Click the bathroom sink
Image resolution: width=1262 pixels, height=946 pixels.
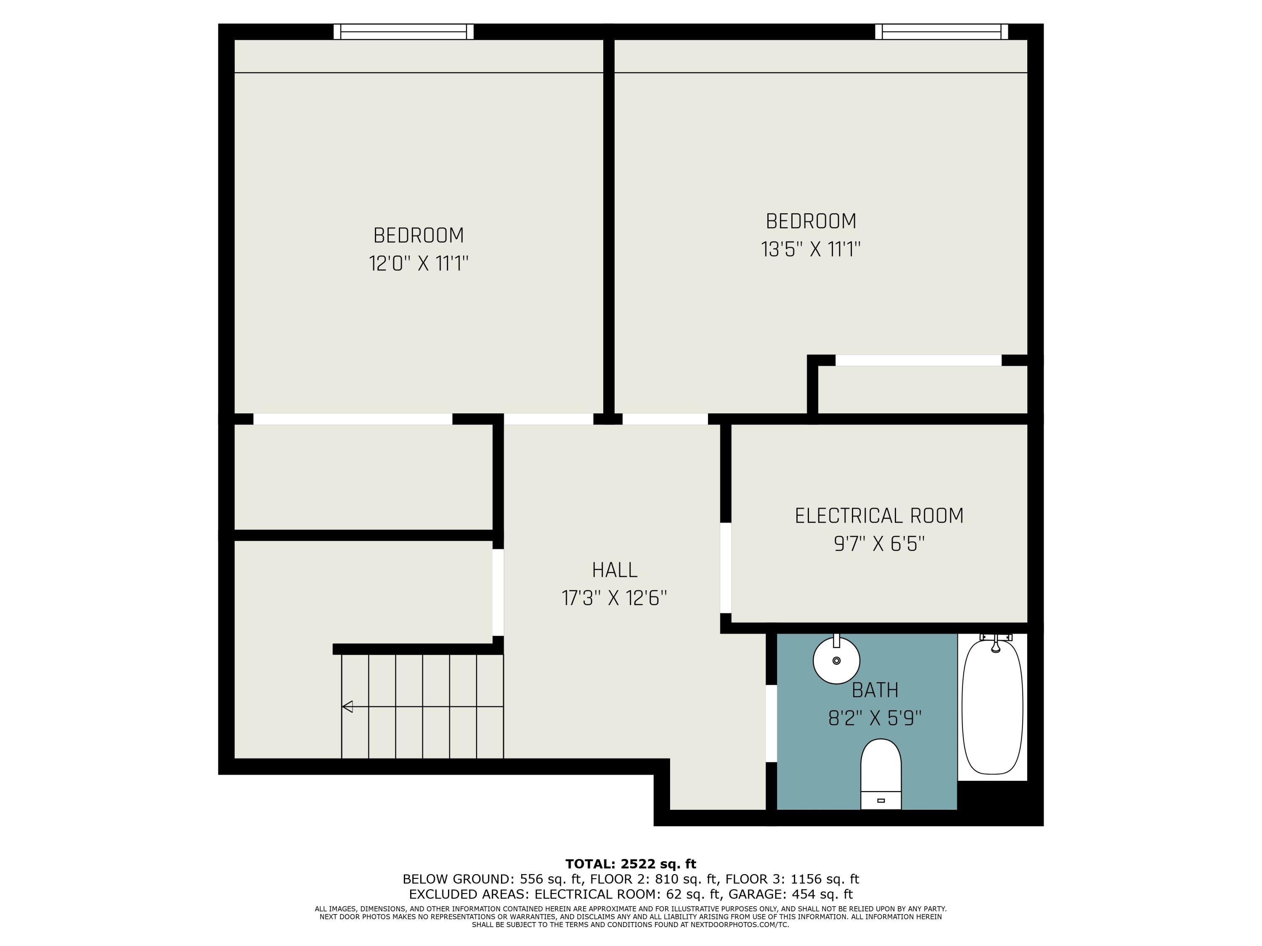tap(836, 661)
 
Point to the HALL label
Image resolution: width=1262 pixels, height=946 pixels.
tap(615, 570)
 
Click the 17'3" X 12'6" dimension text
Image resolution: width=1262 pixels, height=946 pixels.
tap(615, 598)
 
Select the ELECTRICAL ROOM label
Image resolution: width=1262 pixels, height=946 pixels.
tap(879, 515)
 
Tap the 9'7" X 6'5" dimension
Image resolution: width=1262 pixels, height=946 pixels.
tap(879, 544)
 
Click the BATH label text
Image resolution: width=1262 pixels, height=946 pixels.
tap(875, 690)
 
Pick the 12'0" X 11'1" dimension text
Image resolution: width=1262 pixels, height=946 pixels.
tap(418, 264)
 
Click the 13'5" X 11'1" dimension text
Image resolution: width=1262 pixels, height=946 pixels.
tap(810, 249)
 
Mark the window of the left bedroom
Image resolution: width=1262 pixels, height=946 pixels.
tap(403, 32)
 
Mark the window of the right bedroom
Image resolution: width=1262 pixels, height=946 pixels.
tap(941, 32)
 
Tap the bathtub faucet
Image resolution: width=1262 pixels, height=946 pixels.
tap(996, 644)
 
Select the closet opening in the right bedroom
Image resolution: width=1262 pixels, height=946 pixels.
tap(918, 360)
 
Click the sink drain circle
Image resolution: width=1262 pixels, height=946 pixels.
tap(836, 661)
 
